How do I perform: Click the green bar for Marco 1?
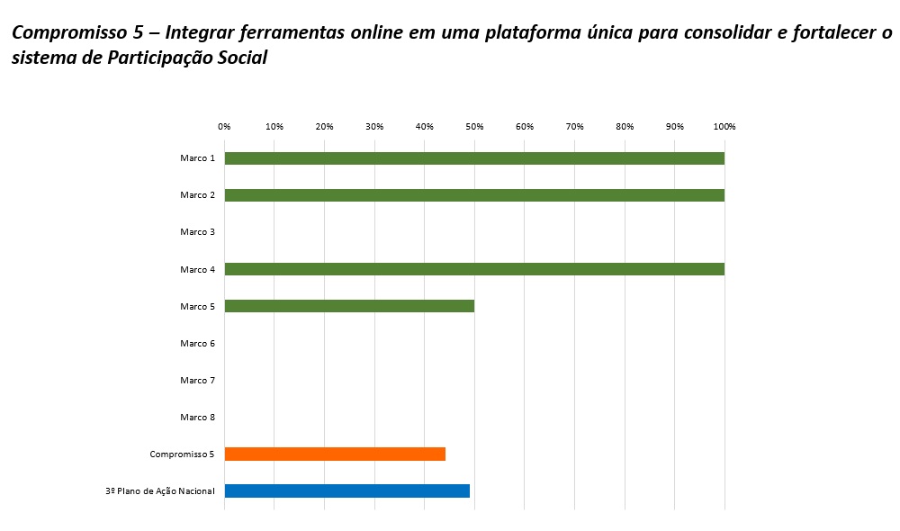(x=474, y=158)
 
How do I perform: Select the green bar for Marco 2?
(x=474, y=195)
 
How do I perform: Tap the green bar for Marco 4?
(x=474, y=269)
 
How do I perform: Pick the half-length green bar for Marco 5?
(x=349, y=306)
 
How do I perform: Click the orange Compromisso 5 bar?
(x=335, y=454)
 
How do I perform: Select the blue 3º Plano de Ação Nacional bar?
(x=346, y=490)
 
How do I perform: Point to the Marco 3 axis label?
(x=197, y=232)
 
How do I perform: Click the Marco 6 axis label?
(x=197, y=343)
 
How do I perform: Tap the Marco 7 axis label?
(x=197, y=380)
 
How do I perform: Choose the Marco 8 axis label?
(x=197, y=417)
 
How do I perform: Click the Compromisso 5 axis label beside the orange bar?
(x=182, y=454)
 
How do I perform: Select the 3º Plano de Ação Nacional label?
(x=160, y=490)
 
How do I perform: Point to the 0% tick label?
(x=224, y=127)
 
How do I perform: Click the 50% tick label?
(x=474, y=127)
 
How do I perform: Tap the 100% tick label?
(x=724, y=127)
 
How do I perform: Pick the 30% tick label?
(x=374, y=127)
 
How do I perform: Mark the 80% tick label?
(x=625, y=127)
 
